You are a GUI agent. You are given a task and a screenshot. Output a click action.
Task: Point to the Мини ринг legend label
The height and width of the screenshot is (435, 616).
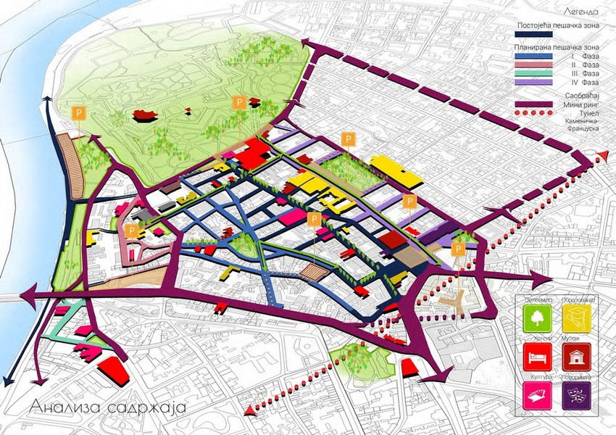coord(586,104)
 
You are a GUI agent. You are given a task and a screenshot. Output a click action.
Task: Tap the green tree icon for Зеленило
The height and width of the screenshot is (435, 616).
coord(537,317)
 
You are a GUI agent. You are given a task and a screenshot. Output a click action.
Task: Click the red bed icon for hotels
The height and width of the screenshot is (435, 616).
coord(537,356)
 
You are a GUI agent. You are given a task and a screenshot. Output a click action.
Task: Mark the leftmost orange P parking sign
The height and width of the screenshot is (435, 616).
coord(78,113)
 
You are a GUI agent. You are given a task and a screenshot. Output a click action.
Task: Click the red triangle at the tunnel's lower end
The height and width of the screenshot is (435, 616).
coord(250,412)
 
